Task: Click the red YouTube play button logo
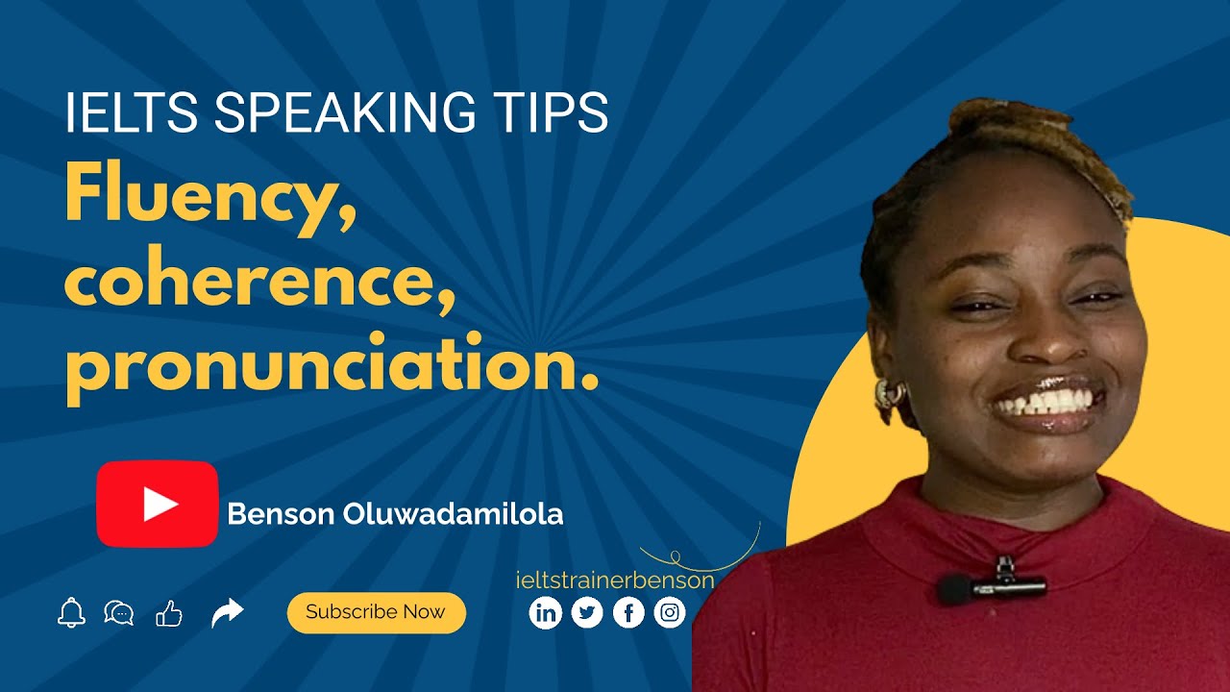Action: click(x=158, y=504)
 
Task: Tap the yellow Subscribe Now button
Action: click(x=376, y=612)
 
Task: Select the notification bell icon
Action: click(x=71, y=612)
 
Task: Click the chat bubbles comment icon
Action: click(x=119, y=612)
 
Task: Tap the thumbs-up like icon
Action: click(x=169, y=613)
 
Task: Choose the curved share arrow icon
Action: click(x=228, y=612)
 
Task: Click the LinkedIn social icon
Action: click(x=545, y=612)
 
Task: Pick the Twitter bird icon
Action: click(x=587, y=612)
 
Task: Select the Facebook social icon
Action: click(x=628, y=612)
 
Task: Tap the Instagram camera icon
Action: click(x=670, y=612)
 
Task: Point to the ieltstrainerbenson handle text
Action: click(x=615, y=581)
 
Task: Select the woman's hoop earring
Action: click(x=888, y=394)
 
